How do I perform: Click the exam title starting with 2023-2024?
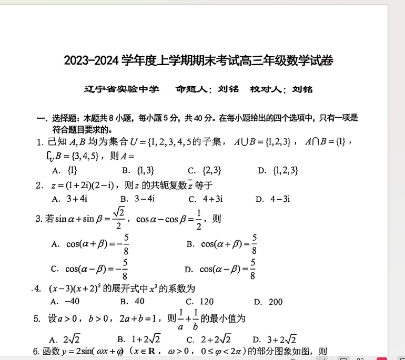pos(198,61)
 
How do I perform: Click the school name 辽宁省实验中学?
pos(121,89)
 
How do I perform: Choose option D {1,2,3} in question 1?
pos(278,170)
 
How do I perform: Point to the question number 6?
pos(36,352)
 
